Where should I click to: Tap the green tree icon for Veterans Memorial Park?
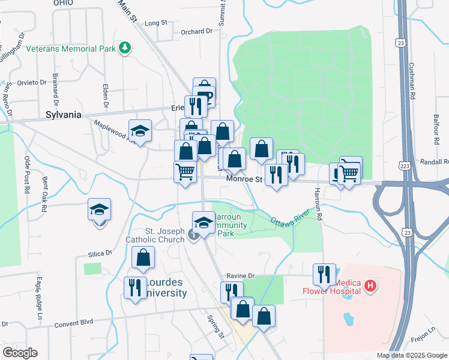pos(125,47)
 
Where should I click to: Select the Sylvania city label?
pos(63,115)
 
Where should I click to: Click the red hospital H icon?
pos(370,286)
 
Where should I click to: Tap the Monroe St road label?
pos(245,179)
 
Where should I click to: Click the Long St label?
pos(156,23)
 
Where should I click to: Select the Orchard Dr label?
pos(197,31)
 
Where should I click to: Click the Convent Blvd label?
pos(73,322)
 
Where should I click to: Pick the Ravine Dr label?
pos(241,276)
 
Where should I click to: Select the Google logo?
pos(20,353)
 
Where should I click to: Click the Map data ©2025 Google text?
pos(411,355)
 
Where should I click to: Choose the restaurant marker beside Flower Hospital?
pos(324,275)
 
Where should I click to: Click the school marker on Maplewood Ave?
pos(140,131)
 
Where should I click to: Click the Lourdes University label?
pos(163,288)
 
